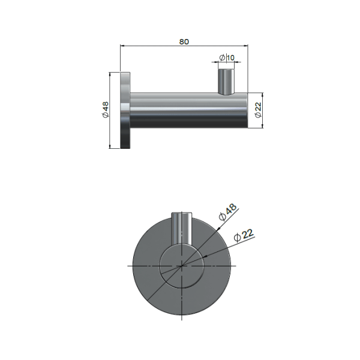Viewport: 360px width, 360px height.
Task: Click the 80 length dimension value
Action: pyautogui.click(x=184, y=41)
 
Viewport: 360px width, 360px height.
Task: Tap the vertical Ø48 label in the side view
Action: pyautogui.click(x=105, y=110)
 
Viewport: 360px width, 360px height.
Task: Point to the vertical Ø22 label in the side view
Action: pyautogui.click(x=257, y=110)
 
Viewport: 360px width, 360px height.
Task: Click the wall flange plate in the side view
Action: pyautogui.click(x=126, y=110)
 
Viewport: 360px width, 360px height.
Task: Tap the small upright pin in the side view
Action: pyautogui.click(x=226, y=82)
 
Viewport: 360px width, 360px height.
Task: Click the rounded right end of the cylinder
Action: pyautogui.click(x=244, y=110)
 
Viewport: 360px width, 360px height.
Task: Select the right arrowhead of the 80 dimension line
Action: pyautogui.click(x=247, y=45)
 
